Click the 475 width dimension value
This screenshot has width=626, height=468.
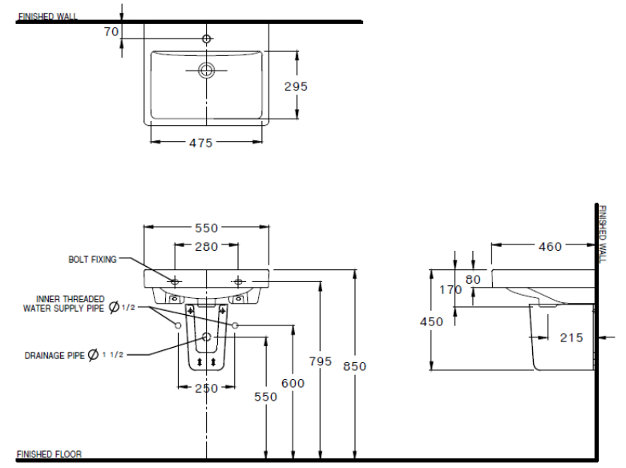click(x=200, y=143)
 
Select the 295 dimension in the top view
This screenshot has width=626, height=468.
click(x=295, y=86)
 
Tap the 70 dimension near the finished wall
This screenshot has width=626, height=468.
click(x=111, y=31)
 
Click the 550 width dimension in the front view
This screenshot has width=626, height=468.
click(x=207, y=228)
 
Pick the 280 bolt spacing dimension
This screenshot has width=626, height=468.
click(x=206, y=246)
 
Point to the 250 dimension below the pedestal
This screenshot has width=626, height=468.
click(x=207, y=388)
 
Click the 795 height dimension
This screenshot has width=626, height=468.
click(x=320, y=361)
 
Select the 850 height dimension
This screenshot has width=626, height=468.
click(x=354, y=366)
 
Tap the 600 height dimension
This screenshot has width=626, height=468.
click(x=293, y=384)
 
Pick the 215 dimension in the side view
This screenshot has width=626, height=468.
click(x=571, y=338)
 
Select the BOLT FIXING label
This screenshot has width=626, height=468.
click(x=92, y=259)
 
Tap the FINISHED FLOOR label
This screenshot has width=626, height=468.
click(x=48, y=454)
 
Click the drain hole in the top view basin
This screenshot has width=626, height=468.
click(x=207, y=71)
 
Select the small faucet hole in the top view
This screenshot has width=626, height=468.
click(x=207, y=38)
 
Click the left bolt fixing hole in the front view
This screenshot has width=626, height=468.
click(x=176, y=281)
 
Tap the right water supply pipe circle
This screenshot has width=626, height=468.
click(x=236, y=325)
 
